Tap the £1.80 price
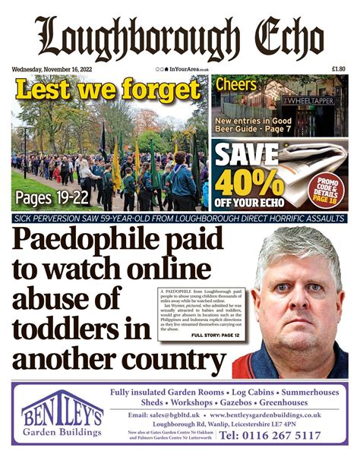[339, 70]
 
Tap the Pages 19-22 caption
[50, 200]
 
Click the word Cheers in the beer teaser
[237, 85]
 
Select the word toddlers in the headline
[66, 332]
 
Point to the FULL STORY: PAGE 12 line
[218, 335]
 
